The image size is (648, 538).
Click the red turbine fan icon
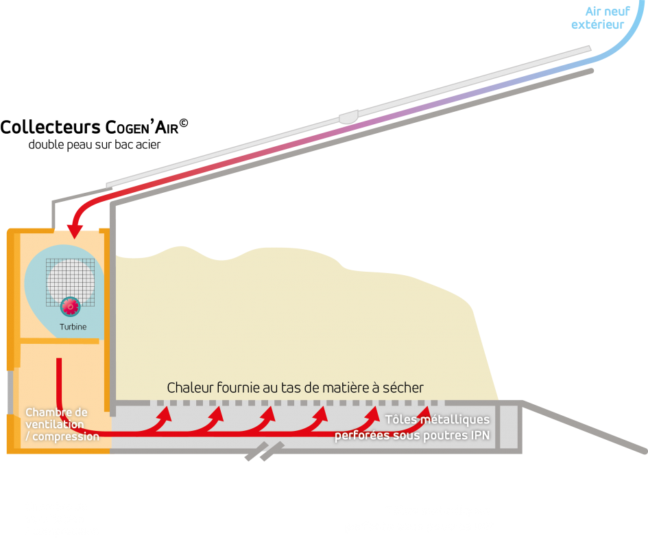point(70,307)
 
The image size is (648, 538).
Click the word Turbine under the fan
point(73,327)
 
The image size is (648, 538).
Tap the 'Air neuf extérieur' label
point(601,19)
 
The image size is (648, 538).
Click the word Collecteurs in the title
point(51,128)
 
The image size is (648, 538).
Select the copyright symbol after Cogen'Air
point(184,124)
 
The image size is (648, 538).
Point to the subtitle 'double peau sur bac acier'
point(94,145)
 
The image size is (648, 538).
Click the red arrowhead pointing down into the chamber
point(75,231)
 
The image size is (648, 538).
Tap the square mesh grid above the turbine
point(70,283)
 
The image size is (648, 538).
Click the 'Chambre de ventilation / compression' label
point(62,424)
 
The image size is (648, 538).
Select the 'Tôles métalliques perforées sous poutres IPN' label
point(412,427)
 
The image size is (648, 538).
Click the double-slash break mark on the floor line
point(265,451)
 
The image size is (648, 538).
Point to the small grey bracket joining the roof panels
point(348,117)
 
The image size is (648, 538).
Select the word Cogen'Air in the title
point(142,128)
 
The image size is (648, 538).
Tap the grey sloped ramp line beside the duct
point(584,426)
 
